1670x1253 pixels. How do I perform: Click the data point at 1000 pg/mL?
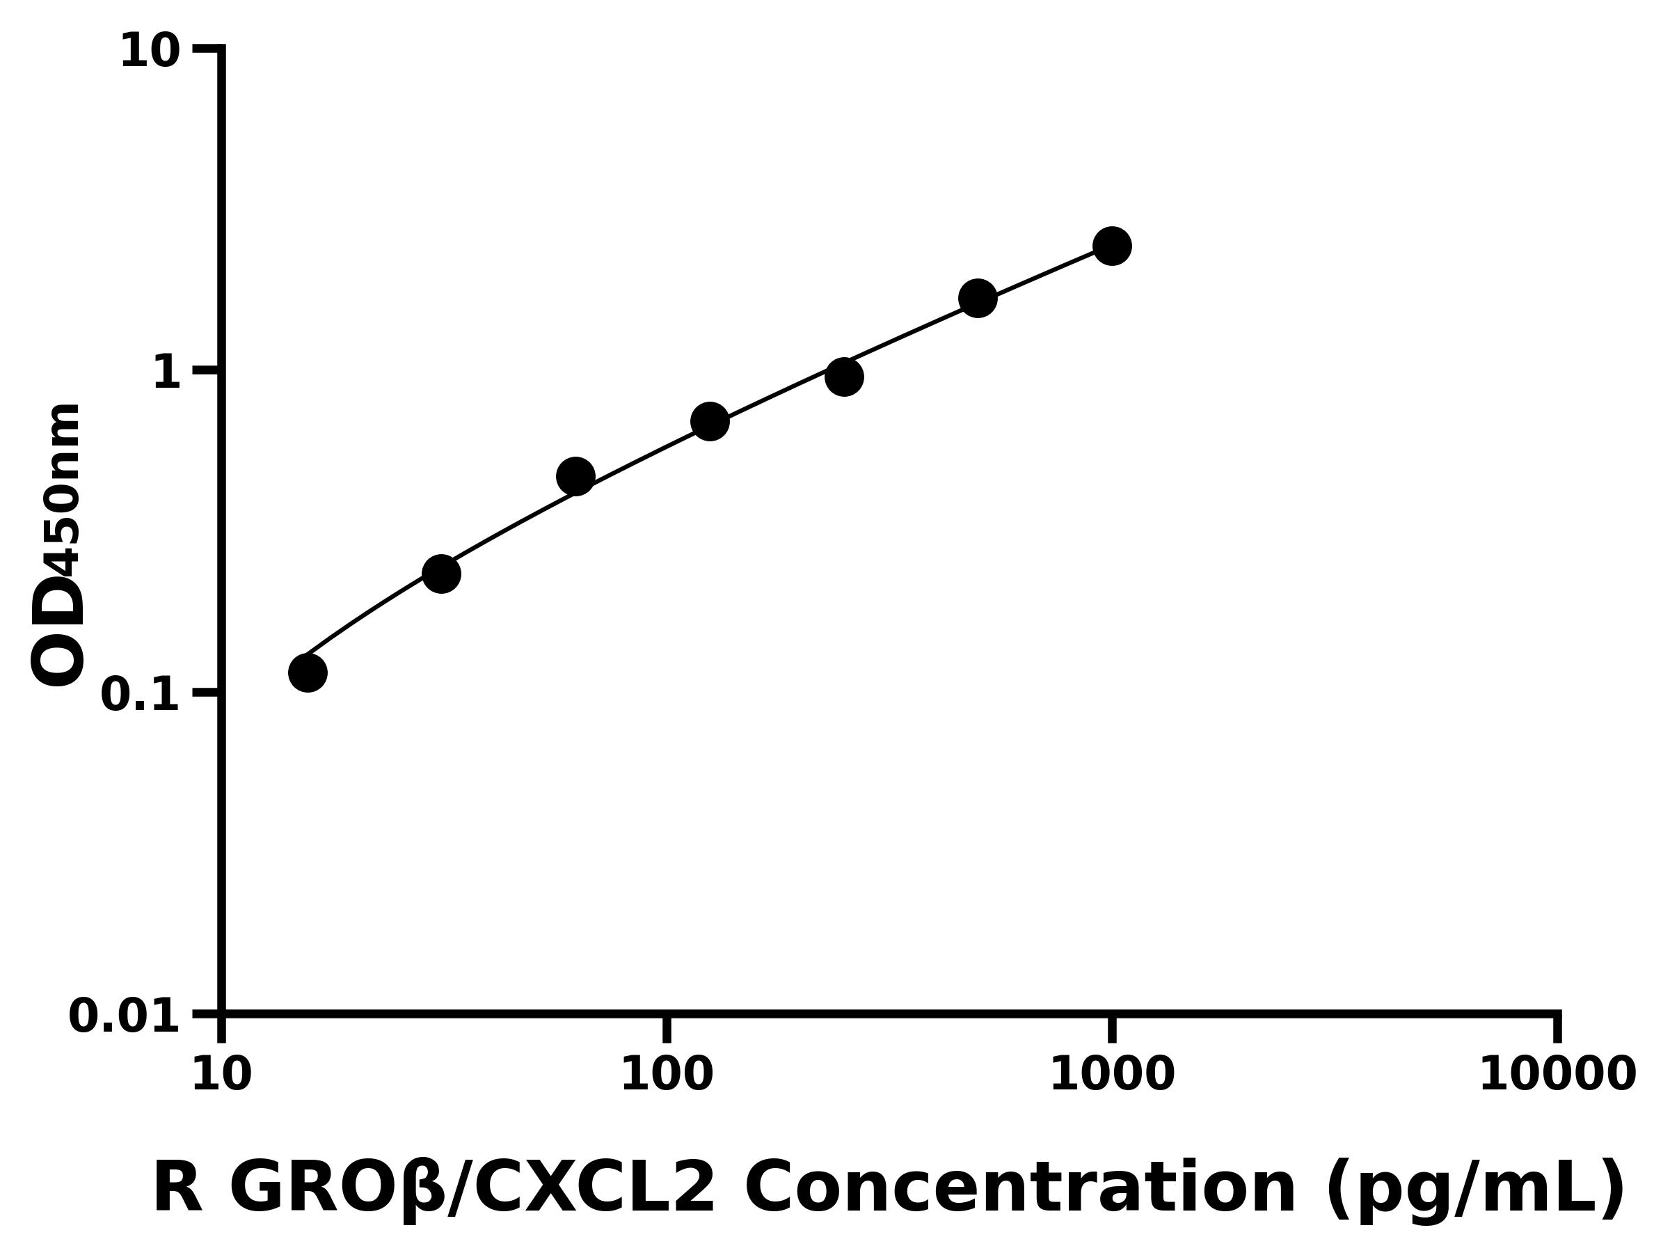click(1111, 246)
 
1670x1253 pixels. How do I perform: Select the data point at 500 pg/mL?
click(978, 299)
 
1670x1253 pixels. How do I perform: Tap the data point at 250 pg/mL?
click(844, 377)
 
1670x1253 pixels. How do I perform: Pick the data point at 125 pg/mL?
click(710, 421)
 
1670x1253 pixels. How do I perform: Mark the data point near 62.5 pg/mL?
click(575, 477)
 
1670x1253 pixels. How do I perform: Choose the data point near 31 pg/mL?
click(441, 574)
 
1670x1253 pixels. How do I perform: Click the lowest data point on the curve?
click(308, 672)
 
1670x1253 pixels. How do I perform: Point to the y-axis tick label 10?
click(150, 52)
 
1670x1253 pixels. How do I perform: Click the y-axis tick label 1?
click(167, 373)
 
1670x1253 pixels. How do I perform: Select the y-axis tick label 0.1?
click(141, 695)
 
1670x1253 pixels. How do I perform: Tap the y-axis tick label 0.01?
click(125, 1016)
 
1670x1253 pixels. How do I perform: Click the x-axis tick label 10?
click(221, 1075)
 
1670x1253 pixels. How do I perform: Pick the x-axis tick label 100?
click(666, 1075)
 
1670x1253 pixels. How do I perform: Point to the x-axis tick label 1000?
click(1111, 1075)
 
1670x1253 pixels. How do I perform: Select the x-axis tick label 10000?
click(1557, 1075)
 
